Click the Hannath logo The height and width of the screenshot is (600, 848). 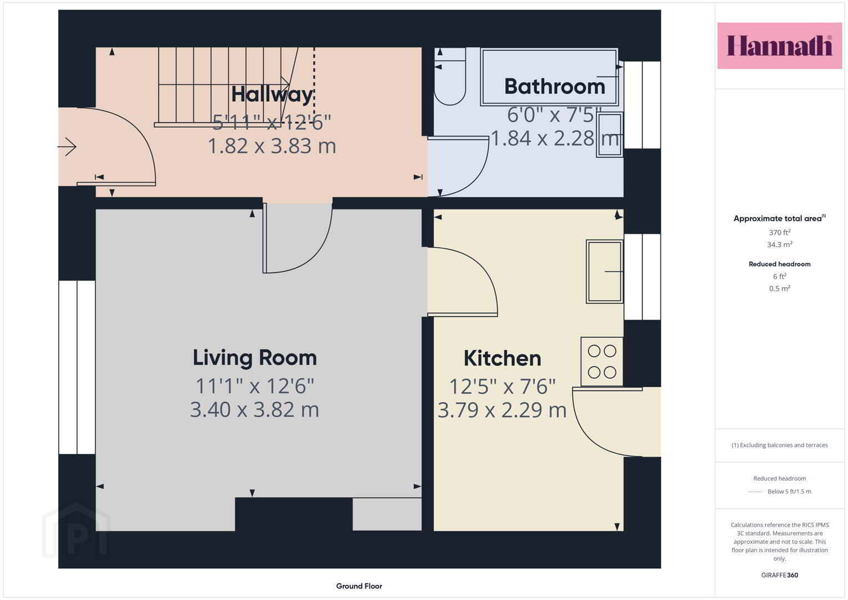(780, 46)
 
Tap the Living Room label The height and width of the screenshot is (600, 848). (255, 358)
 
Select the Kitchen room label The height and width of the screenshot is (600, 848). (503, 358)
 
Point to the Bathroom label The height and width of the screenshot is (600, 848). (555, 86)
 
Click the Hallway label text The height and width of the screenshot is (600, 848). (272, 94)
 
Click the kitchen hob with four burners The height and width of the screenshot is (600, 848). (602, 362)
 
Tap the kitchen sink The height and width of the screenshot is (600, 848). (605, 271)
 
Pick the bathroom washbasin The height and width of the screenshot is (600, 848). (610, 134)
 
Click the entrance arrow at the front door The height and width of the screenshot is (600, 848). (67, 147)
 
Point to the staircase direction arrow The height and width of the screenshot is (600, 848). (224, 84)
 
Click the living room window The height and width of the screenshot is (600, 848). (77, 367)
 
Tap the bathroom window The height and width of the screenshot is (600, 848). (642, 104)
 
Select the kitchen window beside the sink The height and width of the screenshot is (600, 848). (642, 277)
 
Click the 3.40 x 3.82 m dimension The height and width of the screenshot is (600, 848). (254, 409)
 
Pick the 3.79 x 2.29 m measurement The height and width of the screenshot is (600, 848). (502, 410)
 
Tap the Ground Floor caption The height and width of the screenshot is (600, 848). (359, 586)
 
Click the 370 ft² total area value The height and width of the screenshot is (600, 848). (780, 232)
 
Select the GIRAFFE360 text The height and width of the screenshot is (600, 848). (780, 575)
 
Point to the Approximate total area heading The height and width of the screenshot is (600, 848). (780, 218)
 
